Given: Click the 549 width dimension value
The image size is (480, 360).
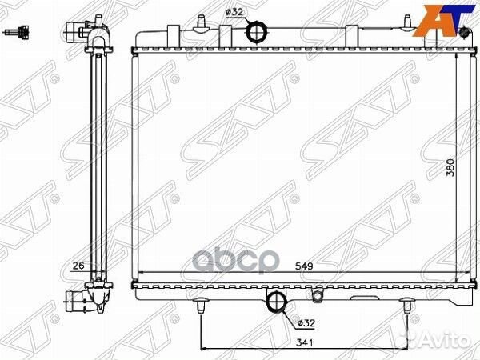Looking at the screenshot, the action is (304, 266).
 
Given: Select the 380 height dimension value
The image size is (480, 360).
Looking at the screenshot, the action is (450, 167).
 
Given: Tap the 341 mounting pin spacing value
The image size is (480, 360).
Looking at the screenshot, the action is (305, 342).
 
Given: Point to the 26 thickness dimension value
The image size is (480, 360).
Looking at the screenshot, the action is (78, 265).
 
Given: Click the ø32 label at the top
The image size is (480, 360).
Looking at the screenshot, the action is (234, 12).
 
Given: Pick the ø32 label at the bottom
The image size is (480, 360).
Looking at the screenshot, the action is (306, 323).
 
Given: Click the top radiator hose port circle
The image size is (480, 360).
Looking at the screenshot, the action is (257, 30).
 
